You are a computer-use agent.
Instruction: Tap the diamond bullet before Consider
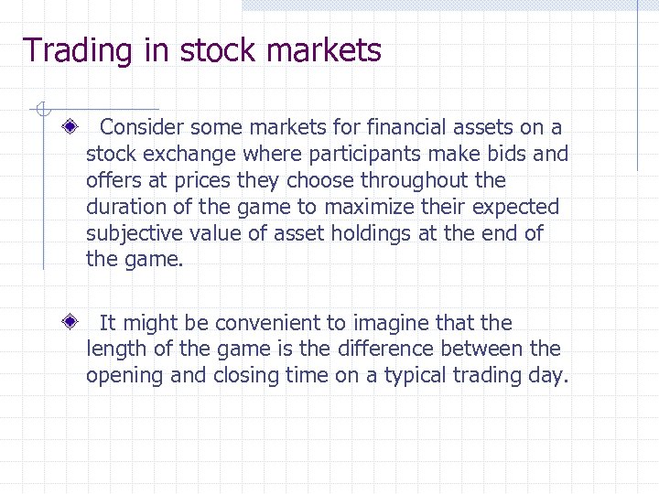70,127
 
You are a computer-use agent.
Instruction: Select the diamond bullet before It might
70,323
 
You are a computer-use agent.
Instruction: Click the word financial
374,126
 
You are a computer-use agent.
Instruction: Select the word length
114,349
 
